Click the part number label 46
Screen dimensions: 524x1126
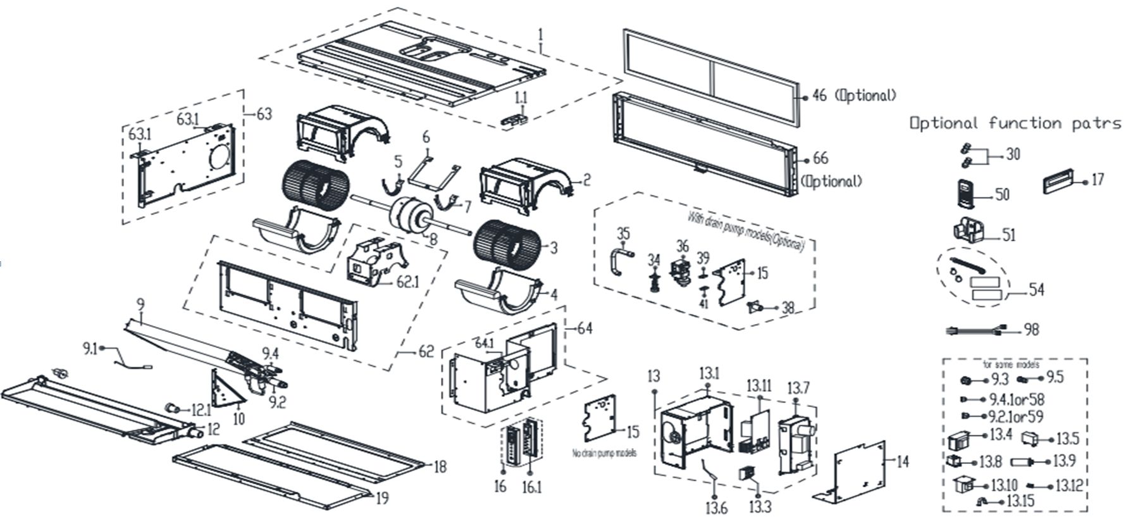click(819, 96)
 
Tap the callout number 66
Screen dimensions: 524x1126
click(820, 158)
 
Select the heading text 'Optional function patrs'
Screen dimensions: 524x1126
click(1015, 123)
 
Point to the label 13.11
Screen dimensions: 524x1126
click(758, 385)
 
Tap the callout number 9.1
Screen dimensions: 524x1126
click(89, 347)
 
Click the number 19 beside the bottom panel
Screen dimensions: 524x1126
click(381, 499)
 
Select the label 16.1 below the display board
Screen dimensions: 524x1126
click(531, 487)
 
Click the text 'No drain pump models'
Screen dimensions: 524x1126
click(604, 453)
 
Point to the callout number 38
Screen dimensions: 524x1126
click(788, 308)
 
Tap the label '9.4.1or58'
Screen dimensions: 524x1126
click(1017, 399)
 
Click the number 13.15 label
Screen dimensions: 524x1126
click(1020, 501)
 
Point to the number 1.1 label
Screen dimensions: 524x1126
click(520, 97)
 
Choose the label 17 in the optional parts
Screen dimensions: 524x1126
click(1098, 180)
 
